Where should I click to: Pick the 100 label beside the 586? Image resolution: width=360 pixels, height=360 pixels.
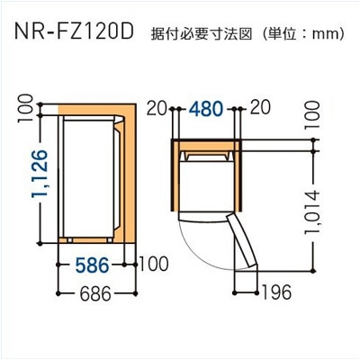[156, 265]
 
